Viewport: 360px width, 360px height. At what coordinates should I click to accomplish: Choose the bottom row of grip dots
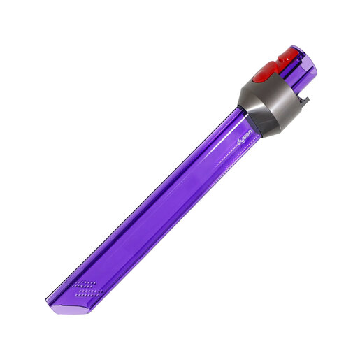(82, 294)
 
